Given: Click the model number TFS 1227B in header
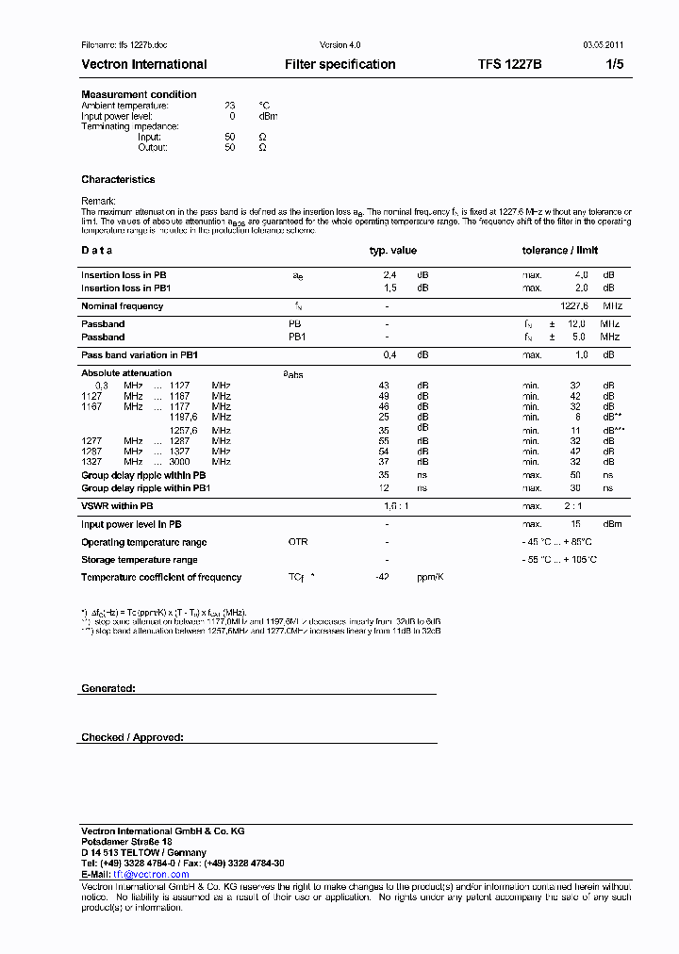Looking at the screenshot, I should tap(509, 65).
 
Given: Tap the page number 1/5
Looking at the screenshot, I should tap(614, 65).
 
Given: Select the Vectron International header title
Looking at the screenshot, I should tap(144, 65).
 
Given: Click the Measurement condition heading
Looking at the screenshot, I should tap(139, 94).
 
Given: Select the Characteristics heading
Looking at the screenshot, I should tap(118, 179).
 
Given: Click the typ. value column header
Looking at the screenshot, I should tap(392, 251).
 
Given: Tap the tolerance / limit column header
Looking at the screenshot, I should tap(560, 251).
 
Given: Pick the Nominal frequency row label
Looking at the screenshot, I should tap(122, 306).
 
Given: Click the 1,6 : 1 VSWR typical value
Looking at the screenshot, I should tap(397, 506).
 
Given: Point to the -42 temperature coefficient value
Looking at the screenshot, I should tap(382, 577).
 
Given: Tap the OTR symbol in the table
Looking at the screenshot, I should tap(298, 542).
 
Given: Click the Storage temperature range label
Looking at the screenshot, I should tap(139, 560).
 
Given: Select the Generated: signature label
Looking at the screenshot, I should tap(108, 689).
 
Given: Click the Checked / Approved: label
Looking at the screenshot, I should tap(132, 737).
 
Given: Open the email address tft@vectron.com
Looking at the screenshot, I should tap(151, 875).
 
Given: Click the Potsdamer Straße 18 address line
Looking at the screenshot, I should tap(126, 841).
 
